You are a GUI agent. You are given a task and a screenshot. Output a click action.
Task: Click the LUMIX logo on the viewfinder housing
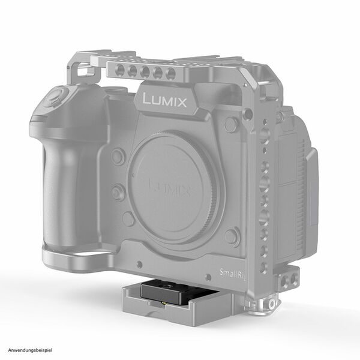pos(165,100)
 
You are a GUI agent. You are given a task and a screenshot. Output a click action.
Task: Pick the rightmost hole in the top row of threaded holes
pos(171,73)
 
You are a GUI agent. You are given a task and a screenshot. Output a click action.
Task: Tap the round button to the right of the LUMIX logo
pos(230,125)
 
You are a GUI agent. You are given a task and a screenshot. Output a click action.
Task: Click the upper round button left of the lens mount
pos(118,157)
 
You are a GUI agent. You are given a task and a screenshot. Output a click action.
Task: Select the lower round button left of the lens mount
pos(118,193)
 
